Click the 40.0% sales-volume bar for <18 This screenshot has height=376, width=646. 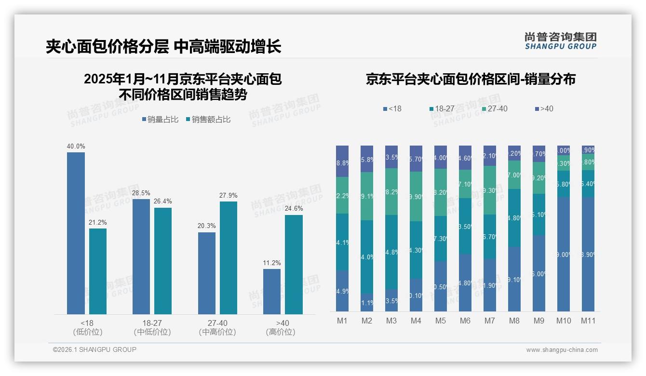[x=76, y=233]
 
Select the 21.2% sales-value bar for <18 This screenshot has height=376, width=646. [x=98, y=271]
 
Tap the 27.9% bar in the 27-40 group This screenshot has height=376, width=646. [x=229, y=258]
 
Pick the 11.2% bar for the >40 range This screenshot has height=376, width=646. [x=272, y=292]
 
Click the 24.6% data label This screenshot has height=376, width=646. [x=294, y=209]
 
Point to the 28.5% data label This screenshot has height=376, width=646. [x=141, y=193]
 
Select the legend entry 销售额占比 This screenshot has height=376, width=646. [x=208, y=119]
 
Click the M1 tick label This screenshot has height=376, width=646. [x=342, y=321]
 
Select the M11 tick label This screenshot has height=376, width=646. [x=588, y=321]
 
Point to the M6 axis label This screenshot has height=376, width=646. [x=465, y=321]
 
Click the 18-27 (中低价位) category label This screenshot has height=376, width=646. [x=152, y=327]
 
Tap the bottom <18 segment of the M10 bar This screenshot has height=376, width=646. [x=563, y=254]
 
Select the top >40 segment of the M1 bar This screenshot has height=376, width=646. [x=342, y=161]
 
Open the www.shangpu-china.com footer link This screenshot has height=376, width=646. [x=562, y=350]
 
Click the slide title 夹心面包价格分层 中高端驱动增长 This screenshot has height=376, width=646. [x=163, y=47]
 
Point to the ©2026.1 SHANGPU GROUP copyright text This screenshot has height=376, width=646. [x=94, y=349]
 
